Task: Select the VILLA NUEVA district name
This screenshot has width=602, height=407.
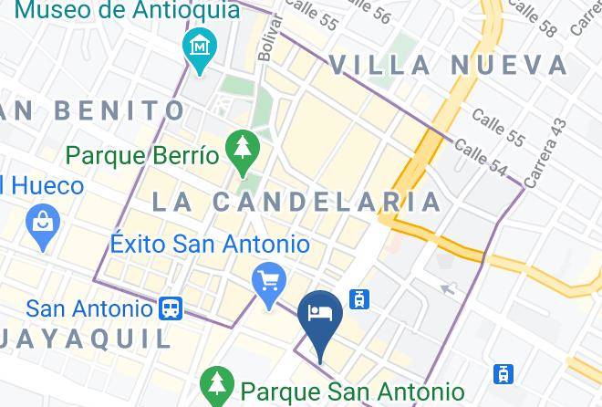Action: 449,65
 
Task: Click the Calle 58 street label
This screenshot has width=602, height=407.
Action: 534,17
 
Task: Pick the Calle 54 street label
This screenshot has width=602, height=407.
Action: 480,158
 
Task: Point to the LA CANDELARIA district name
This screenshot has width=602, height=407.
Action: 296,202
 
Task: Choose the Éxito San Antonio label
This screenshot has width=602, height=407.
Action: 210,245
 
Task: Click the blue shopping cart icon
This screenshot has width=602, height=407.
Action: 268,280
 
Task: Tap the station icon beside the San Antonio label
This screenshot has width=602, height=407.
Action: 170,308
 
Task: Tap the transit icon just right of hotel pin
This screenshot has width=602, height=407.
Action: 359,299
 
